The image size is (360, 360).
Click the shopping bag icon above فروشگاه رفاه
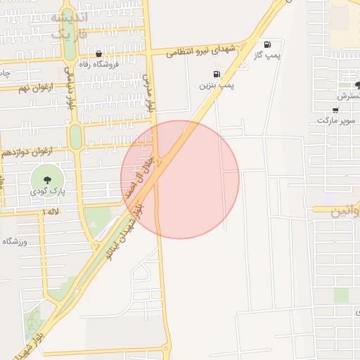[x=98, y=53]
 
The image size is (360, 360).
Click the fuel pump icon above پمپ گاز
[x=266, y=44]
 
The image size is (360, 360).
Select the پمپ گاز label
[x=267, y=55]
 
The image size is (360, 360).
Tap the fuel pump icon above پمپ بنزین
[x=216, y=74]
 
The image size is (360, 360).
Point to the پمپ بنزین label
[x=216, y=85]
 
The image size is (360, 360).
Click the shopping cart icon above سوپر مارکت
[x=335, y=109]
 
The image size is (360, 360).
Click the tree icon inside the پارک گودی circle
[x=47, y=179]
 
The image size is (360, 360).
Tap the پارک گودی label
[x=47, y=191]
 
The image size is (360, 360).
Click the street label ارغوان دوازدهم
[x=28, y=151]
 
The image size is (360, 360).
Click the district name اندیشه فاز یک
[x=70, y=25]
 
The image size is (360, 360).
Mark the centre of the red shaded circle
[x=180, y=179]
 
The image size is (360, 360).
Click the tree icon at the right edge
[x=357, y=85]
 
